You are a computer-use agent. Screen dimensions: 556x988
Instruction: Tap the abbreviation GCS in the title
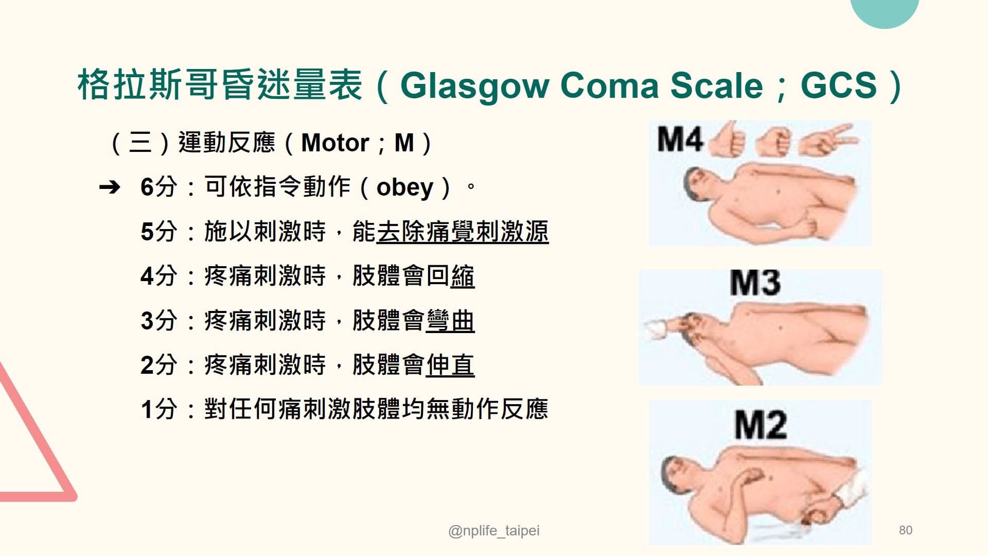click(838, 85)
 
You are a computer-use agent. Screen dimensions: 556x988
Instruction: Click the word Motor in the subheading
click(335, 143)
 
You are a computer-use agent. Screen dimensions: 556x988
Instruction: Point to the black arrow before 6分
click(110, 187)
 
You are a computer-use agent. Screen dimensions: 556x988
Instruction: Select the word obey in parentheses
click(404, 187)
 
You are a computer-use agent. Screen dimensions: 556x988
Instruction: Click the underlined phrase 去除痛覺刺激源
click(462, 232)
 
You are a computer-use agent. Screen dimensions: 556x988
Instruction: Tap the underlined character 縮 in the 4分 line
click(462, 276)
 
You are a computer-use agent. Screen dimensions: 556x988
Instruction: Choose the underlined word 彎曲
click(450, 321)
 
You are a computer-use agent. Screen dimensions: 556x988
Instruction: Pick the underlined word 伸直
click(450, 365)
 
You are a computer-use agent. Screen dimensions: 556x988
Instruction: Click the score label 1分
click(158, 410)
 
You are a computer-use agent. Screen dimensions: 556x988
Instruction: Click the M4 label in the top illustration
click(680, 139)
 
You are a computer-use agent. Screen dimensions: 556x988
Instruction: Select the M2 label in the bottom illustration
click(760, 425)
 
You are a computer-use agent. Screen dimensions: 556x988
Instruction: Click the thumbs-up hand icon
click(727, 139)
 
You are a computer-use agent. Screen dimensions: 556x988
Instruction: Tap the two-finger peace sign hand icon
click(828, 139)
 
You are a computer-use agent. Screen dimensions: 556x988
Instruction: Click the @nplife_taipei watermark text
click(494, 531)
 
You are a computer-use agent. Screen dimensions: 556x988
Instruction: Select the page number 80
click(905, 530)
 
